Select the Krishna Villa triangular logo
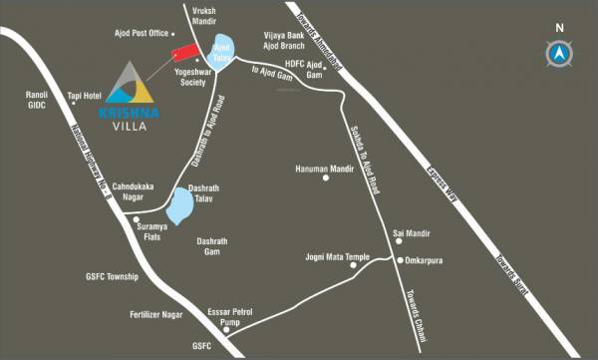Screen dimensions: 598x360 (128, 84)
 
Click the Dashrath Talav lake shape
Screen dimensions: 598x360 (180, 205)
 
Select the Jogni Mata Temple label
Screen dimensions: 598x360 (337, 257)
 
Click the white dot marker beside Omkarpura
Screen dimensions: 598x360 (398, 259)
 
